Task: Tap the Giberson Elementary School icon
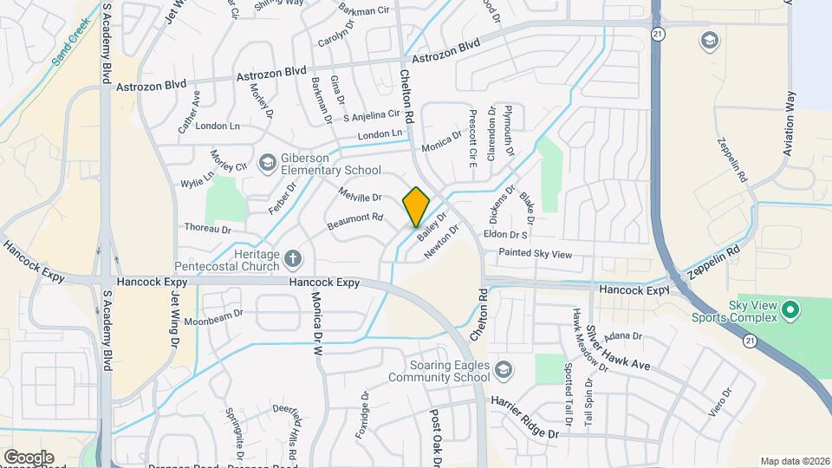269,162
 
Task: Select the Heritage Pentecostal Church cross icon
294,257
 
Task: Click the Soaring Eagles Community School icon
502,372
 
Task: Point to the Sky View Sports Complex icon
790,309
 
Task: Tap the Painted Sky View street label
535,254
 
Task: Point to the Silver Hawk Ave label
616,348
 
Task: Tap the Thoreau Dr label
207,230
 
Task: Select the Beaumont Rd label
354,222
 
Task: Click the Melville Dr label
361,197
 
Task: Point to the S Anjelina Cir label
371,115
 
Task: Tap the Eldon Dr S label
506,235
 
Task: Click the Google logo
29,457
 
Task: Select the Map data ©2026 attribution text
794,460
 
